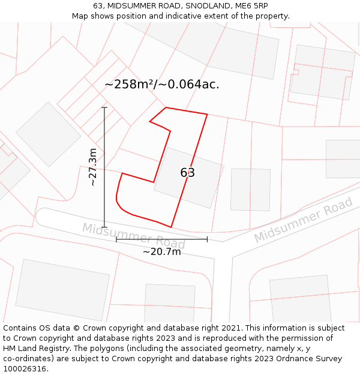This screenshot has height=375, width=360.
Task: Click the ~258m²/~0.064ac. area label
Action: coord(162,85)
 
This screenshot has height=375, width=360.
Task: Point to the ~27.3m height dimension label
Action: coord(92,167)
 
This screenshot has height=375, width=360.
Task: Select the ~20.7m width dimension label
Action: coord(161,251)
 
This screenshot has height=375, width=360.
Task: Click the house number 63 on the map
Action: coord(187,173)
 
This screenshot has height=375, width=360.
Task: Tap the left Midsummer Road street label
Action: coord(133,235)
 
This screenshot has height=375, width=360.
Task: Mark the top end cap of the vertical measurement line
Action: coord(104,107)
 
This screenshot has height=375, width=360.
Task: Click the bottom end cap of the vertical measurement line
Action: coord(104,227)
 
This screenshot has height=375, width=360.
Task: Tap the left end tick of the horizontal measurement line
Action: coord(116,239)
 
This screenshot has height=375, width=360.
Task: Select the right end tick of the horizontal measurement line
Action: coord(207,239)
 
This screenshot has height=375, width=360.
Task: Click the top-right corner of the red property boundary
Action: coord(207,114)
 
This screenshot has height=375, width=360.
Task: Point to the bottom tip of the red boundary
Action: coord(172,227)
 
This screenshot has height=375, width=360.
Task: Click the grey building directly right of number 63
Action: coord(250,189)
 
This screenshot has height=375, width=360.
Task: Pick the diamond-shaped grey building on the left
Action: coord(48,134)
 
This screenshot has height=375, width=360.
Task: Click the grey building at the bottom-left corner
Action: coord(62,290)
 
